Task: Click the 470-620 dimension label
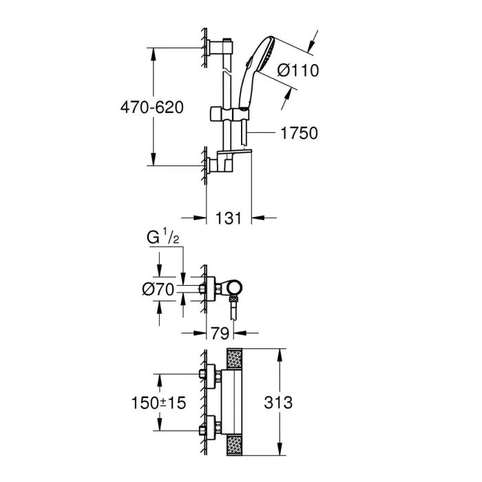152,108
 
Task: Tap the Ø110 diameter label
298,70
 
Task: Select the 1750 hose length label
299,133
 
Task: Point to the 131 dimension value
230,218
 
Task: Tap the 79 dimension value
220,333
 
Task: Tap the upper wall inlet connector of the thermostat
207,375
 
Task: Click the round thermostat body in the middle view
233,288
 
